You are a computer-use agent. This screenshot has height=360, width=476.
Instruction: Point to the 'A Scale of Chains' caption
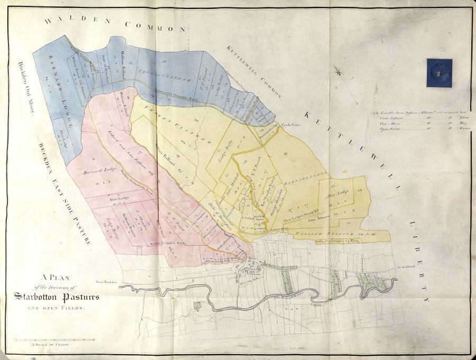pyautogui.click(x=50, y=344)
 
